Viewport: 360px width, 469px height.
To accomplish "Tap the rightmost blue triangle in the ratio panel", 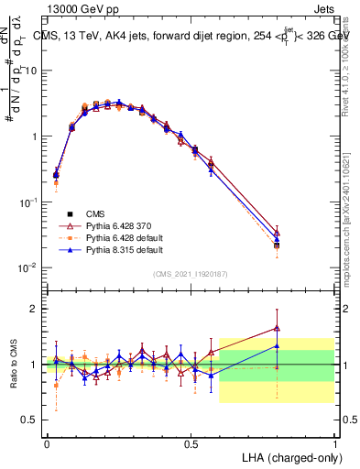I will (277, 346).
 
